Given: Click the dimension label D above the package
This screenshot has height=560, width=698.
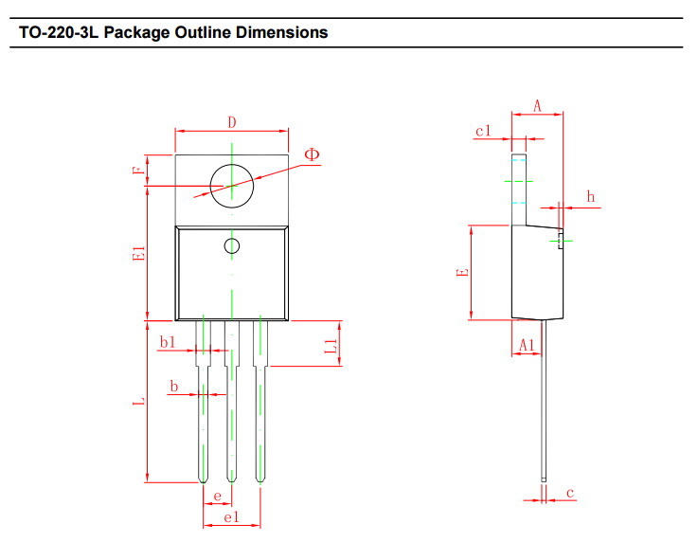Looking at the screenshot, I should coord(232,121).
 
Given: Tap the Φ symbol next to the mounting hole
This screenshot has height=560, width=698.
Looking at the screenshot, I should coord(312,154).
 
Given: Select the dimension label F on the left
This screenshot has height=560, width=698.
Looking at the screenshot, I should coord(139,171).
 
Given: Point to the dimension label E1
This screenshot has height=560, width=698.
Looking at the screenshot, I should coord(139,254).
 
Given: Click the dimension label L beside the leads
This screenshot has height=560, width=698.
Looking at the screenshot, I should coord(139,402).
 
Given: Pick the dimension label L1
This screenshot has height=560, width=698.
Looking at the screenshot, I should coord(331,346).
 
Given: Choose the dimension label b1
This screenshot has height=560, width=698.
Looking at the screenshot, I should coord(168,342).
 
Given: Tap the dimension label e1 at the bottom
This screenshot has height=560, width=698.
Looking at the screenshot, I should coord(231,517).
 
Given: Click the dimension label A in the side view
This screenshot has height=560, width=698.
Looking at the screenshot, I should coord(536,106).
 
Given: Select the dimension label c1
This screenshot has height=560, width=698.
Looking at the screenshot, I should coord(484,131).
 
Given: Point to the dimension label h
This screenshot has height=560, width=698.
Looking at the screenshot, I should coord(591,197).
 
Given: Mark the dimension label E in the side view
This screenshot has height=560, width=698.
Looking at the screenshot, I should coord(463,273).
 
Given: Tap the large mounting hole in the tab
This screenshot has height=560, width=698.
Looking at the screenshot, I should coord(232,184).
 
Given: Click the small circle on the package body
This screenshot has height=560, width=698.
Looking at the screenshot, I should coord(232,246).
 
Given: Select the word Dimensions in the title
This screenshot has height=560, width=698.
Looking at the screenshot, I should coord(281,32).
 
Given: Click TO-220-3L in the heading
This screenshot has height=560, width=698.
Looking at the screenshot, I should coord(59,32).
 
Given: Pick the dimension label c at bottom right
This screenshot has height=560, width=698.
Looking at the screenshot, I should coord(570,493).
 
